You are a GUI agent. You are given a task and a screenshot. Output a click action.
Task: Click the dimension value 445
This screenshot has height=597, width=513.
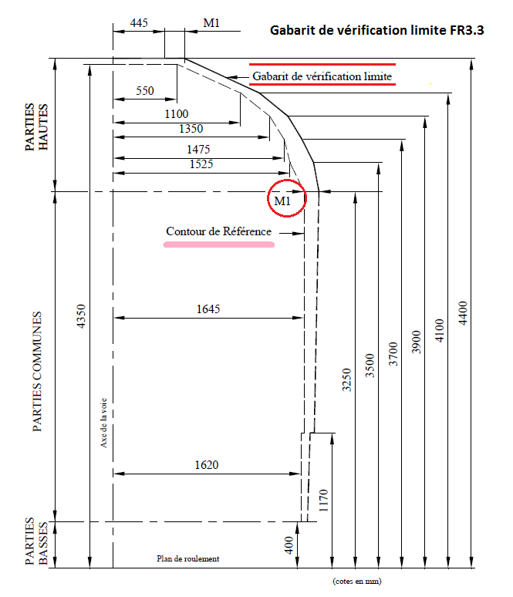point(139,23)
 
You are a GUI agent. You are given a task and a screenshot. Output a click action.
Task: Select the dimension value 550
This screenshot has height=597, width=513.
point(145,90)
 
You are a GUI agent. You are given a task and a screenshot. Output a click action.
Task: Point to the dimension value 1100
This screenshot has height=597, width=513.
point(177,113)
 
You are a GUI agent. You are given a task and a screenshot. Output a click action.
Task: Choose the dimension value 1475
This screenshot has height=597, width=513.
point(197,149)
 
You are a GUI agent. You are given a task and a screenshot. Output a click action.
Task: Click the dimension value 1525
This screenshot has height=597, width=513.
point(198,164)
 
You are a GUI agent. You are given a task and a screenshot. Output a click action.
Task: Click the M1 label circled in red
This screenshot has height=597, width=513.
point(283,202)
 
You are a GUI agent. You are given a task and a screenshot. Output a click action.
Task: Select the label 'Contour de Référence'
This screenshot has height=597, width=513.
point(218,231)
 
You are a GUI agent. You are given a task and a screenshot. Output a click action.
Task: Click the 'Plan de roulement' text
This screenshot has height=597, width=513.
point(188,558)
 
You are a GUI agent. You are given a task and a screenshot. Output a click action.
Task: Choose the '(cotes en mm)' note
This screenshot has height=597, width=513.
point(356,581)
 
